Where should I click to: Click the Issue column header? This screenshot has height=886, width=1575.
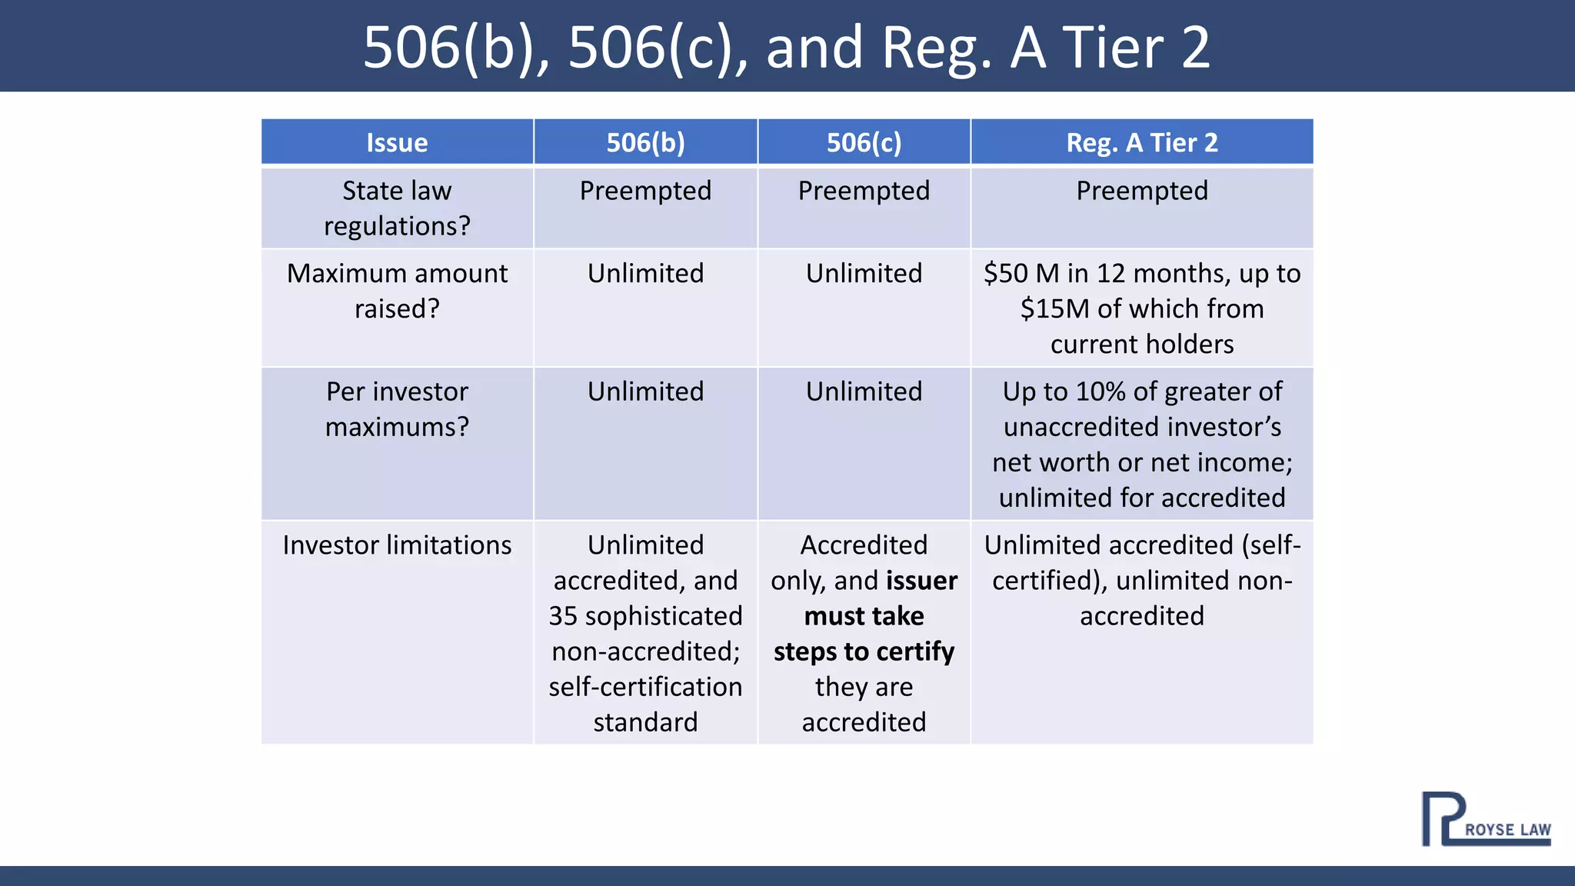397,143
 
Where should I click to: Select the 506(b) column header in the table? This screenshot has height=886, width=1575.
645,143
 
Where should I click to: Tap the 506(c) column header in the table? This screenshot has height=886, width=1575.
864,143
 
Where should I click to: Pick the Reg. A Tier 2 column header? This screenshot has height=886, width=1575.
1142,143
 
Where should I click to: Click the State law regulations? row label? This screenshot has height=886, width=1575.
397,208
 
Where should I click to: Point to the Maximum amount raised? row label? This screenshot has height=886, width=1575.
397,291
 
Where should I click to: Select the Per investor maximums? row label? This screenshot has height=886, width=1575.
397,409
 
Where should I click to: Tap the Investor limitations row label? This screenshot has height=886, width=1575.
397,545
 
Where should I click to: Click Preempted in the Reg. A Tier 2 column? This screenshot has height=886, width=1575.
1142,191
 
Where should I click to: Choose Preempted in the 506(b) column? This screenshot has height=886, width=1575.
645,191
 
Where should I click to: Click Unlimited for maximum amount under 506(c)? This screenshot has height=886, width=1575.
864,274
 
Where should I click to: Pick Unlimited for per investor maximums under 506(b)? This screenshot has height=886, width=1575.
645,391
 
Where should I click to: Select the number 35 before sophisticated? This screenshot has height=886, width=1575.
563,616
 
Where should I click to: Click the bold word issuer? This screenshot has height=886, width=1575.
921,581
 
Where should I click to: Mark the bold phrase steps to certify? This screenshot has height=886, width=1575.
864,651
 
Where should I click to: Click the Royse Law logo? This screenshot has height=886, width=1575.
1485,820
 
